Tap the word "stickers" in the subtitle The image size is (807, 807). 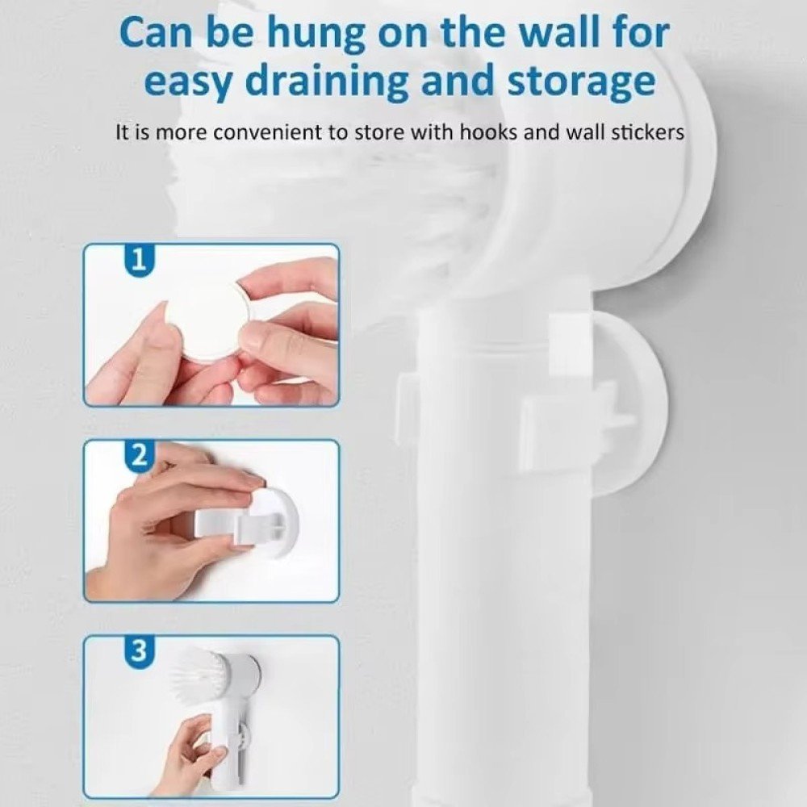point(647,132)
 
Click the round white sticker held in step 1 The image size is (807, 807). point(208,319)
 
